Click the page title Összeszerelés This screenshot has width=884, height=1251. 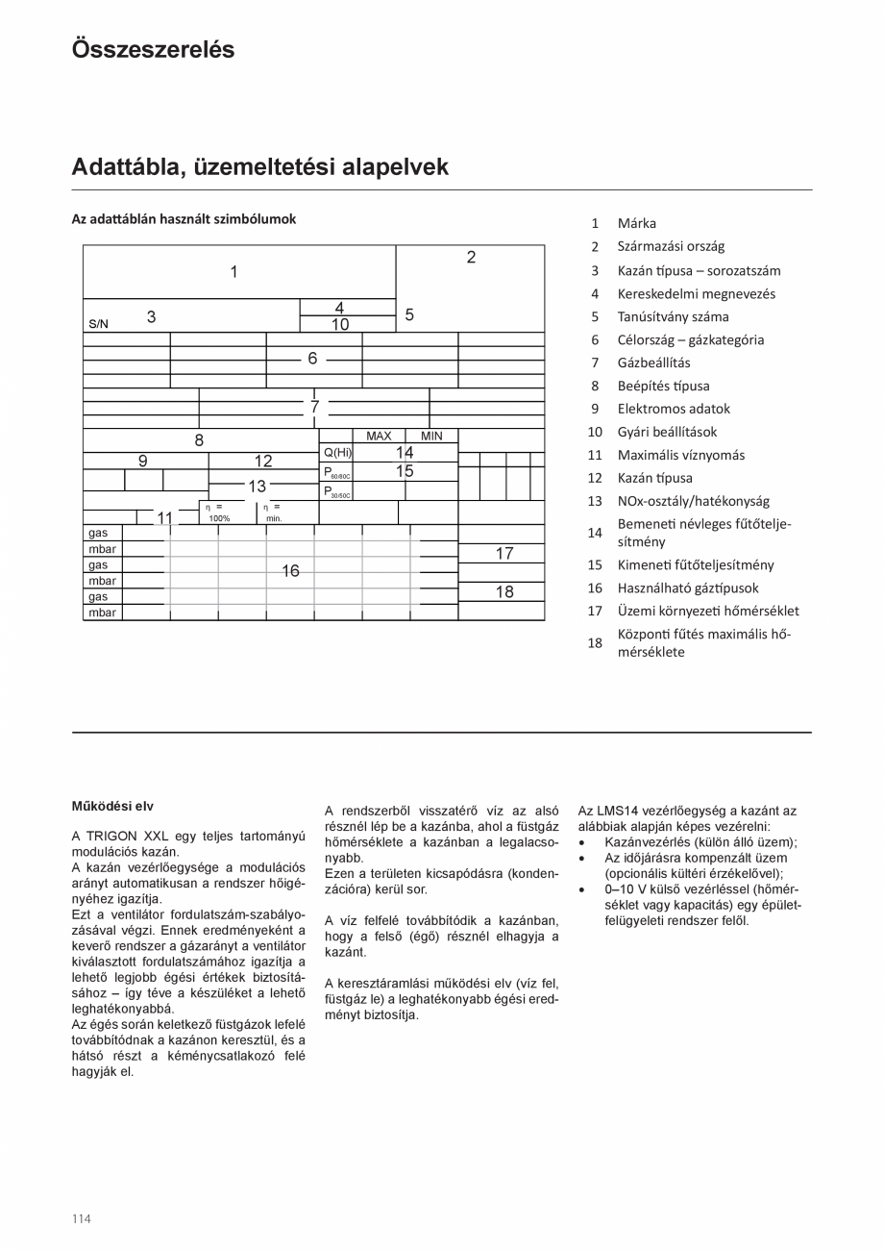point(153,50)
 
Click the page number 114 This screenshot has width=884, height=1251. point(82,1218)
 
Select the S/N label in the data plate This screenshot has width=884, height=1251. point(98,324)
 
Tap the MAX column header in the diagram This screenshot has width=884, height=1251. point(379,436)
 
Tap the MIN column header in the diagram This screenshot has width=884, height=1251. point(431,436)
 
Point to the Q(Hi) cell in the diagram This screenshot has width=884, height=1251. point(337,453)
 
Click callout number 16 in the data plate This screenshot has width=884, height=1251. point(290,571)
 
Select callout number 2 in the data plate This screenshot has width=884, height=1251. point(471,258)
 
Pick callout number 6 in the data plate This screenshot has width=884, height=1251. point(312,359)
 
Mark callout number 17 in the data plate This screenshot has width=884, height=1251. point(504,554)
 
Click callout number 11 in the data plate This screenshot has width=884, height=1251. point(164,518)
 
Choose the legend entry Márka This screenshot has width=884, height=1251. point(636,223)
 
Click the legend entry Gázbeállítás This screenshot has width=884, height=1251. point(653,363)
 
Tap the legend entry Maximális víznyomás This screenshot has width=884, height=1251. point(680,455)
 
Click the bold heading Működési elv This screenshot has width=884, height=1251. point(112,806)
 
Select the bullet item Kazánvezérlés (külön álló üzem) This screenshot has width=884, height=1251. point(700,842)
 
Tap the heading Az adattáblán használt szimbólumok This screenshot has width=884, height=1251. point(184,219)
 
